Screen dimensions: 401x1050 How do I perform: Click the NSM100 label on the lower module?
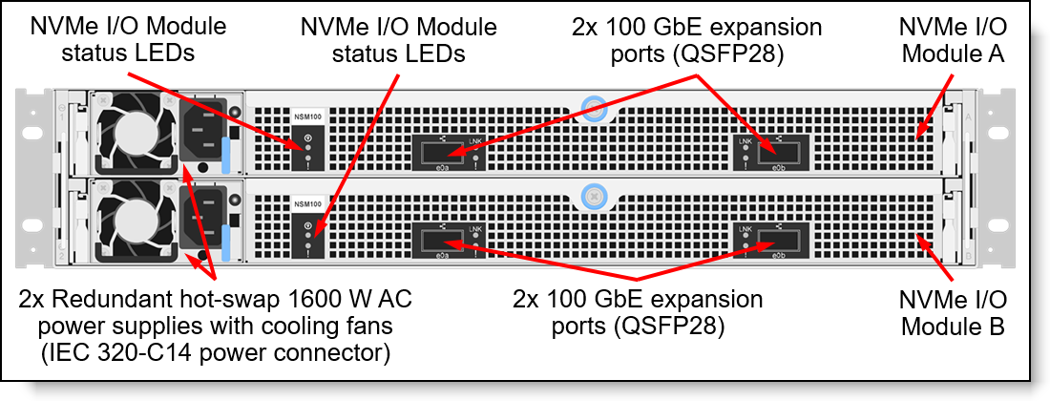(x=307, y=205)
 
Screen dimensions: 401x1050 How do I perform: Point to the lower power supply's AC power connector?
(x=207, y=219)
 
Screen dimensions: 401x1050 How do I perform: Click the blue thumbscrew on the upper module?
(x=593, y=105)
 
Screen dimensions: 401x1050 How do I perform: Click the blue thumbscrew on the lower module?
(x=593, y=196)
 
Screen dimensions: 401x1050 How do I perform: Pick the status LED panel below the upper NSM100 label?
(x=307, y=149)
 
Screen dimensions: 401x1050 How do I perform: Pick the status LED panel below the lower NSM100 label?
(x=307, y=238)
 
